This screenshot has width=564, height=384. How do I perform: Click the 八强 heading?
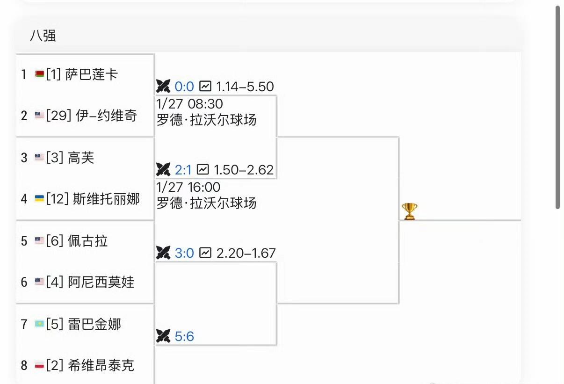click(43, 36)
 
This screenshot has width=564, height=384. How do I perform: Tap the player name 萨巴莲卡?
click(92, 74)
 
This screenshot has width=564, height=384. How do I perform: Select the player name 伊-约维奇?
click(106, 116)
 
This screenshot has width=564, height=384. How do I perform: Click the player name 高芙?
click(81, 158)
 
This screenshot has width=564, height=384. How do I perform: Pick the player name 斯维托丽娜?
click(106, 199)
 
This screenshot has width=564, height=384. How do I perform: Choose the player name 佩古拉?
click(87, 241)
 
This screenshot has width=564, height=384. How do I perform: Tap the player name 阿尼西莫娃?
click(101, 282)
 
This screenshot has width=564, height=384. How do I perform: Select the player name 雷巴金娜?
click(94, 324)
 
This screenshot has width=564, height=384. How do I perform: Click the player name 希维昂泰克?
click(101, 365)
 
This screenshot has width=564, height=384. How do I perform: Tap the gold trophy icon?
click(409, 211)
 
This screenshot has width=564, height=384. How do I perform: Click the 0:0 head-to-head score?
click(184, 87)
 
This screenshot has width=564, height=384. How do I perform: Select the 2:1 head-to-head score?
click(183, 170)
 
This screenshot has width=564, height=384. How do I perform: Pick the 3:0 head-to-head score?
click(184, 253)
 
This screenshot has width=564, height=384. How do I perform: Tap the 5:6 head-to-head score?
click(184, 336)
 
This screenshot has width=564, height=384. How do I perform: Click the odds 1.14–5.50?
click(245, 87)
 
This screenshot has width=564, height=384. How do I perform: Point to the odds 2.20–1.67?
click(246, 253)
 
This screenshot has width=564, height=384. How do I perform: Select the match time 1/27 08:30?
click(189, 104)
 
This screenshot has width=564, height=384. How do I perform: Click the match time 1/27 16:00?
click(188, 187)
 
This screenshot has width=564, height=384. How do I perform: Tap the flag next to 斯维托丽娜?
click(39, 198)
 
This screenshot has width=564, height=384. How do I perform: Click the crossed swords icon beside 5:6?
click(163, 336)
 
